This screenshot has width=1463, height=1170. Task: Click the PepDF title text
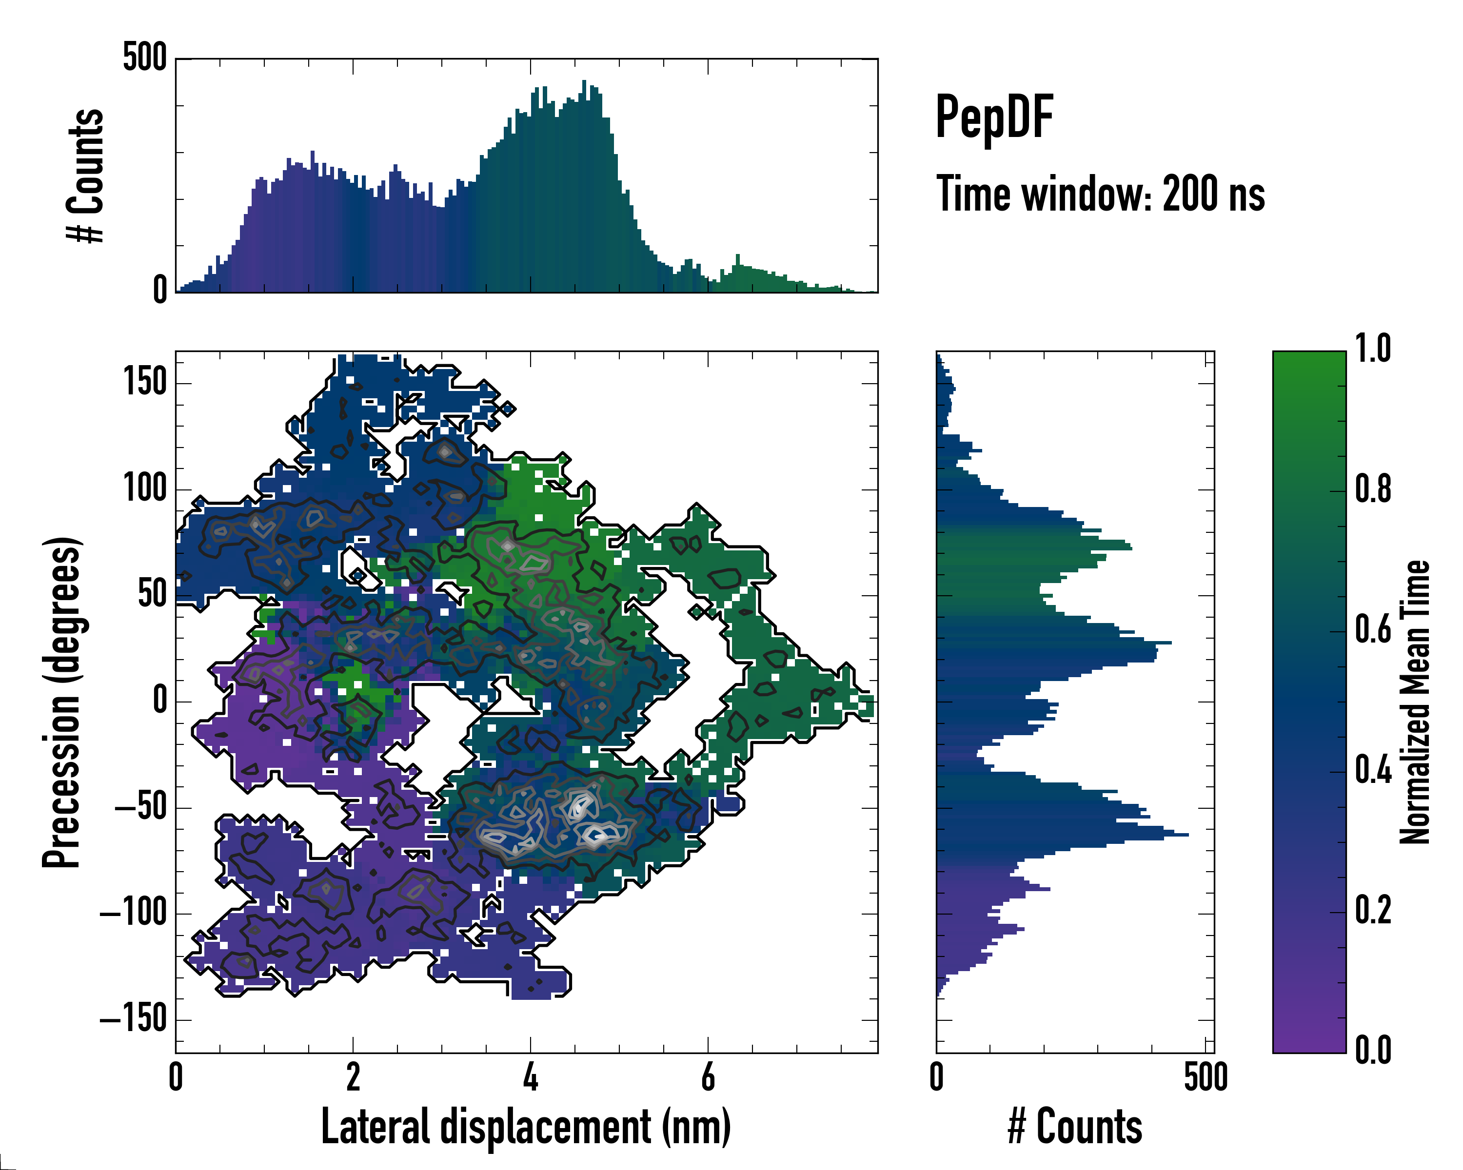pos(994,117)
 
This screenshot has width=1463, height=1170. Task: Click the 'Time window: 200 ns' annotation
pos(1100,194)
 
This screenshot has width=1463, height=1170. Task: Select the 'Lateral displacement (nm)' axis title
pos(526,1126)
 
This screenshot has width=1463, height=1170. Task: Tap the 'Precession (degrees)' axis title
pos(62,702)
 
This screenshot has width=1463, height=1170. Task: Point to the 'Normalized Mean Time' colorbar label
pos(1415,702)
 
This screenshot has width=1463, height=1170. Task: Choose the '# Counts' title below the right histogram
pos(1075,1126)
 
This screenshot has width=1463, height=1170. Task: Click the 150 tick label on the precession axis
pos(144,382)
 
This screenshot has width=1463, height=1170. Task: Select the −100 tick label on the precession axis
pos(133,913)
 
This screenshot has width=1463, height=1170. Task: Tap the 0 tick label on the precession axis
pos(160,701)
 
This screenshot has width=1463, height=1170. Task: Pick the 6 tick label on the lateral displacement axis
pos(708,1076)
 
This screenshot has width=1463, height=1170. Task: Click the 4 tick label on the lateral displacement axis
pos(531,1076)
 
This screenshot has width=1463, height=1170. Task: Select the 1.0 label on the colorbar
pos(1373,350)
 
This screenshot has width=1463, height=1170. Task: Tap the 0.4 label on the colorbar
pos(1373,771)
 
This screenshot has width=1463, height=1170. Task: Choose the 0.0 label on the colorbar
pos(1373,1051)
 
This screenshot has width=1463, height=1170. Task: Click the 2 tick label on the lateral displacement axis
pos(353,1076)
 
